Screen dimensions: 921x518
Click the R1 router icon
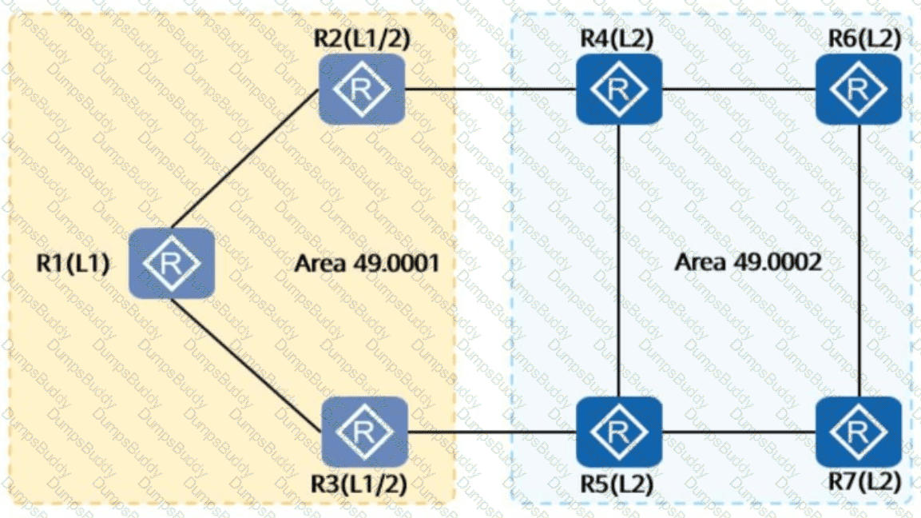coord(172,264)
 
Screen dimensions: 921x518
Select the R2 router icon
coord(361,90)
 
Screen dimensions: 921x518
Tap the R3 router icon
coord(365,432)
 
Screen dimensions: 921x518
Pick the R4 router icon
coord(619,90)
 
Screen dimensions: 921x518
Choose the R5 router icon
coord(619,432)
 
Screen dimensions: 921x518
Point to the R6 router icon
coord(859,90)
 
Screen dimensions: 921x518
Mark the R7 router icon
coord(859,432)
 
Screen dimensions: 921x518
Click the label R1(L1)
coord(73,263)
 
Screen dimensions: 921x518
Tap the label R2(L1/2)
coord(362,38)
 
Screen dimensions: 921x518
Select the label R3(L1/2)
coord(359,484)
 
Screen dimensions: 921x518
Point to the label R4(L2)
coord(617,38)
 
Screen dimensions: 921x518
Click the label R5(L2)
coord(617,484)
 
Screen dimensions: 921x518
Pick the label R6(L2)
coord(864,38)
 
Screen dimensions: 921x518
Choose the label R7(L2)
coord(864,481)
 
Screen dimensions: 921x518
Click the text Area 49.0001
coord(367,263)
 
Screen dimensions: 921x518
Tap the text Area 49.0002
coord(748,261)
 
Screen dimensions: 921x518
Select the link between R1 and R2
coord(245,159)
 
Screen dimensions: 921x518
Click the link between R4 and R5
coord(619,261)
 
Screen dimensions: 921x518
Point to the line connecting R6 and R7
coord(859,261)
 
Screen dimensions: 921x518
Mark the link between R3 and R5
coord(492,432)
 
